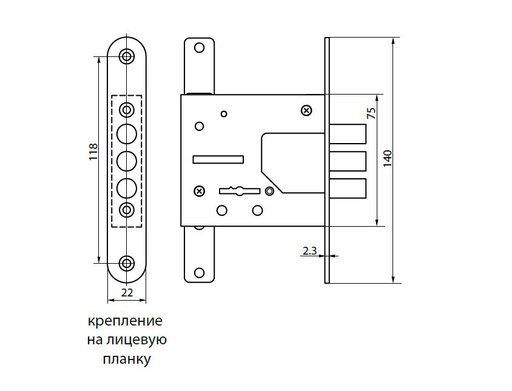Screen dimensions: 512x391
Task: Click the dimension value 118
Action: click(x=93, y=152)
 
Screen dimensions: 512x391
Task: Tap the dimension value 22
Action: click(x=127, y=292)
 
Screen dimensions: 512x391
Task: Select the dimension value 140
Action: click(x=387, y=159)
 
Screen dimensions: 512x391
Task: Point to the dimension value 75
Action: click(x=372, y=113)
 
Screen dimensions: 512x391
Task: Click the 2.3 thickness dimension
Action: click(x=309, y=250)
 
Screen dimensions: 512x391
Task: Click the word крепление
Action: click(x=125, y=321)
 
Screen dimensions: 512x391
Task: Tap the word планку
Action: click(x=127, y=359)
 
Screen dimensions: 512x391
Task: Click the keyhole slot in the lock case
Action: click(x=240, y=191)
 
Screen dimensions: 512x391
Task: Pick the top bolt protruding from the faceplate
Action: click(x=348, y=134)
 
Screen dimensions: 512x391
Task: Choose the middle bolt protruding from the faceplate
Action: click(x=348, y=161)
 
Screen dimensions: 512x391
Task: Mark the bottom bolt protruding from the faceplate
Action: click(x=348, y=189)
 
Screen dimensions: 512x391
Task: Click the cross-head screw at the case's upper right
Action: click(x=306, y=111)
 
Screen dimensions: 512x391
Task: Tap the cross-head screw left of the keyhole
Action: click(x=199, y=191)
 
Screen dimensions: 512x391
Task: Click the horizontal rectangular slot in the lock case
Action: click(x=218, y=159)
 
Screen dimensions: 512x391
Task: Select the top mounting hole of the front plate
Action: click(x=127, y=56)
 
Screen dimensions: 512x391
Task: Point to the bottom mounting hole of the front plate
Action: click(x=127, y=263)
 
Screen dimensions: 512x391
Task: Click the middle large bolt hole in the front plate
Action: click(x=127, y=161)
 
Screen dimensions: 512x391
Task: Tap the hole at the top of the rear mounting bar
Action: click(x=199, y=48)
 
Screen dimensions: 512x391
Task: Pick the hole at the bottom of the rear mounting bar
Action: click(x=199, y=273)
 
